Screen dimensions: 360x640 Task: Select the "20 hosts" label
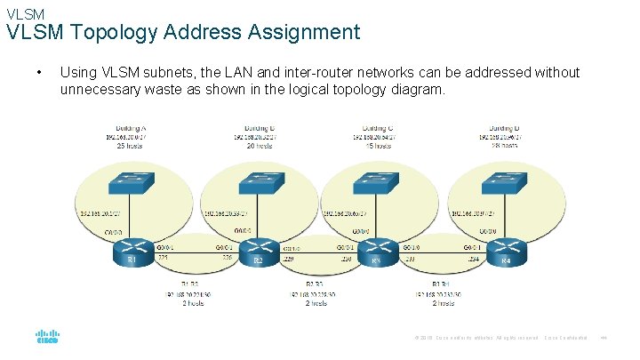259,146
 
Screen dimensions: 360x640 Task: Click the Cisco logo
47,339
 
